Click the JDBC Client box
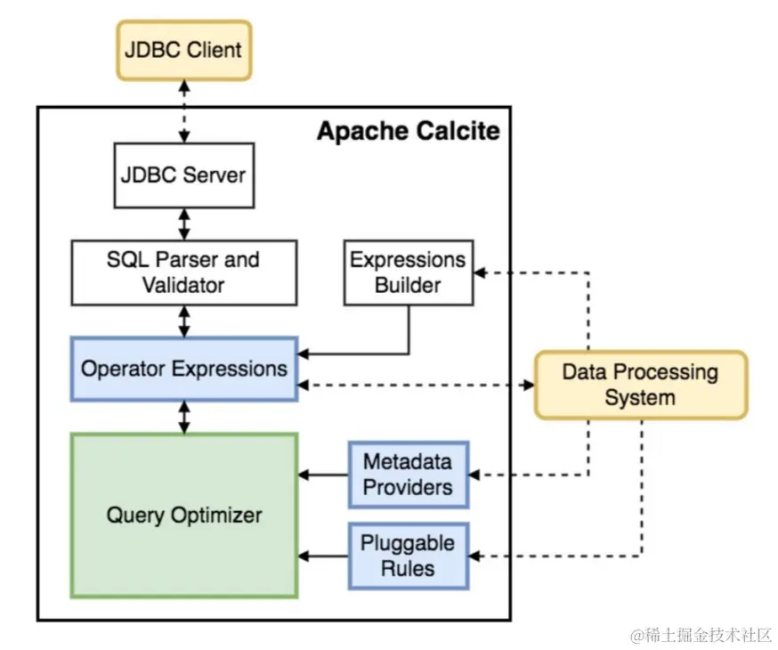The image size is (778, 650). [x=183, y=50]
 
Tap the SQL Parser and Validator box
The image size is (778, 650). [x=184, y=272]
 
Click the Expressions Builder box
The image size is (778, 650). [x=408, y=272]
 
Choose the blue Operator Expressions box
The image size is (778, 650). [x=184, y=368]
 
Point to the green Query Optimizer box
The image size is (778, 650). [x=184, y=515]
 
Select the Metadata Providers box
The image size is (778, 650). [x=408, y=475]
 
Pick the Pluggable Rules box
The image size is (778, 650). [x=408, y=556]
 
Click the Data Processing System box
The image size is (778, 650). [x=640, y=385]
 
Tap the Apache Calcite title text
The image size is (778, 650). [x=409, y=132]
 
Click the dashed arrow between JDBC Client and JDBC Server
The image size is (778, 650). [x=184, y=110]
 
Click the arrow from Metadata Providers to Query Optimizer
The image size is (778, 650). [x=323, y=475]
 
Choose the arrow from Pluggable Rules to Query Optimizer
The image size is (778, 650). [x=323, y=557]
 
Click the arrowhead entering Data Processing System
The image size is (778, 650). [x=528, y=386]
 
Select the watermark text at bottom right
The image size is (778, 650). [x=701, y=635]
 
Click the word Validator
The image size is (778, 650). [x=183, y=285]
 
